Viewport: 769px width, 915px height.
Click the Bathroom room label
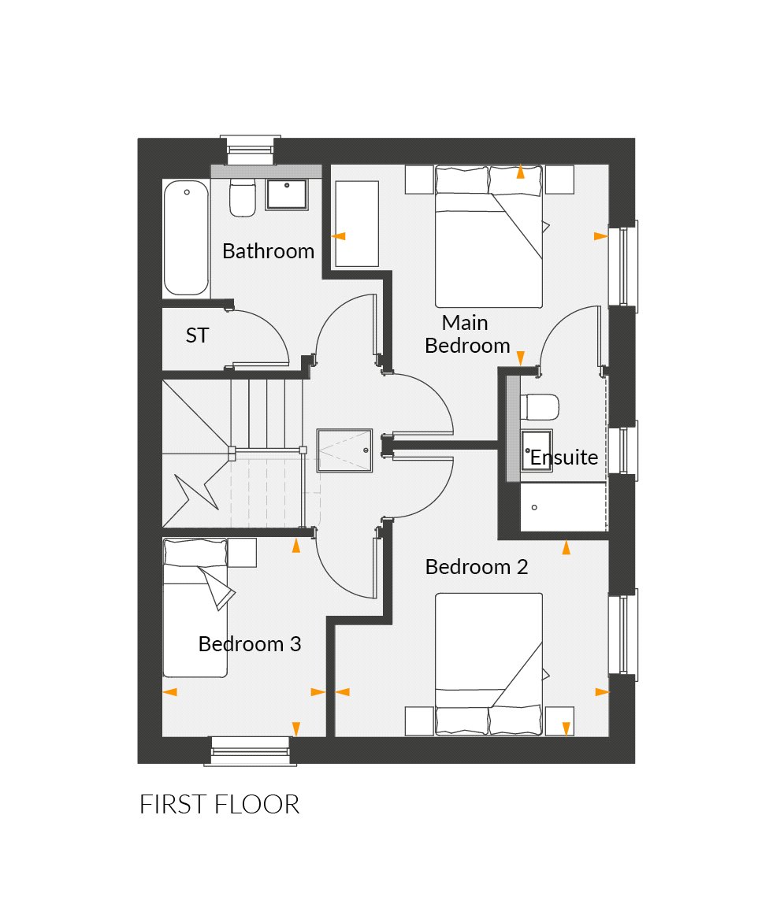268,251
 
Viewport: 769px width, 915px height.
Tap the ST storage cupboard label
197,335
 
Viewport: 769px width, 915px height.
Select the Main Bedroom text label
467,334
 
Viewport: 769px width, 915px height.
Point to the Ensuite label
563,457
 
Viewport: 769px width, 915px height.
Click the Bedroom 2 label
476,567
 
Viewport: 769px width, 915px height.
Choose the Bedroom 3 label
249,644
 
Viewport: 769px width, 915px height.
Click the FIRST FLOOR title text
219,805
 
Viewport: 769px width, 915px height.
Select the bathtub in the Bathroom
186,238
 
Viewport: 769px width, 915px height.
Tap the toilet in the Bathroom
242,198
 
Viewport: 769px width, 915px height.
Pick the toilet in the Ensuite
541,407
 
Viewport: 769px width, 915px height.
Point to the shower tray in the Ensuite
563,507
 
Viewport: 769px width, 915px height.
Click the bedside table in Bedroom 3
242,552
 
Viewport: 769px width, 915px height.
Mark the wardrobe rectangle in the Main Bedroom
357,224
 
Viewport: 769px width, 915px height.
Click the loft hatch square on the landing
344,450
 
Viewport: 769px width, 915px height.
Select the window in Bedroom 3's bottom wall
251,751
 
